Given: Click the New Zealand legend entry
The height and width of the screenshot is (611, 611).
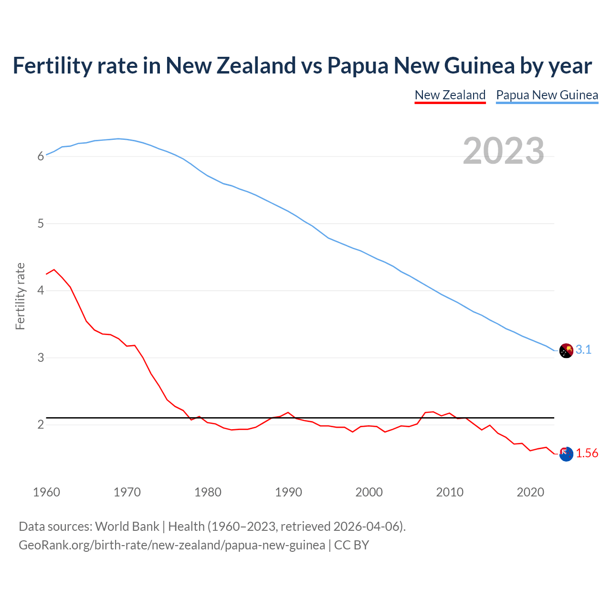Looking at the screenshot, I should [x=450, y=95].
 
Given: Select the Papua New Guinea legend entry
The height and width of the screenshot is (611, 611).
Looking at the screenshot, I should [x=547, y=95].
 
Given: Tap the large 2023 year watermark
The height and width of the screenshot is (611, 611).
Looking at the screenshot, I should [x=504, y=151].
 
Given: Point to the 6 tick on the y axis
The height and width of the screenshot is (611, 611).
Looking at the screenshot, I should [x=41, y=156].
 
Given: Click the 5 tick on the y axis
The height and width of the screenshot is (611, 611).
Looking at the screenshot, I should [x=41, y=223].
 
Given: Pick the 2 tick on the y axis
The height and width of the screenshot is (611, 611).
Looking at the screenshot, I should [x=41, y=424].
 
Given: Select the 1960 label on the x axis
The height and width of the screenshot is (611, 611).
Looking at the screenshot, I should [x=46, y=492].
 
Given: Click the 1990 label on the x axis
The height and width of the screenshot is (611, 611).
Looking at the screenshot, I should [x=288, y=492].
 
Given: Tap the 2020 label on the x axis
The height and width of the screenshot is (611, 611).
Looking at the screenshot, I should [x=530, y=492].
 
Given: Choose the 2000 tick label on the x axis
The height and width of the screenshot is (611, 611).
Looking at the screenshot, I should [x=369, y=492].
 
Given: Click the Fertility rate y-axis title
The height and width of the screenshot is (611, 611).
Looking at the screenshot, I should [x=20, y=296].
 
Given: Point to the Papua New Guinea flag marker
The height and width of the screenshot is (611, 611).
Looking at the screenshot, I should [x=566, y=350].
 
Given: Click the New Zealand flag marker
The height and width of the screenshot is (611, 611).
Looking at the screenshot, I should [x=566, y=454].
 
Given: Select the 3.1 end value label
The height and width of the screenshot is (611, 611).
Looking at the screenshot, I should [x=583, y=350].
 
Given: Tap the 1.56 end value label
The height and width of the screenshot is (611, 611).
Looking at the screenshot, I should [x=587, y=453].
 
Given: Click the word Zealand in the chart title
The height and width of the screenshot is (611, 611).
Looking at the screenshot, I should [x=256, y=65].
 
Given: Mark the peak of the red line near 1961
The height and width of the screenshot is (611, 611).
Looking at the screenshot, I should [x=54, y=270].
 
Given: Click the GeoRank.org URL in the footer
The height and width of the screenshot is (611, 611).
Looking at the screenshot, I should [x=172, y=545].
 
